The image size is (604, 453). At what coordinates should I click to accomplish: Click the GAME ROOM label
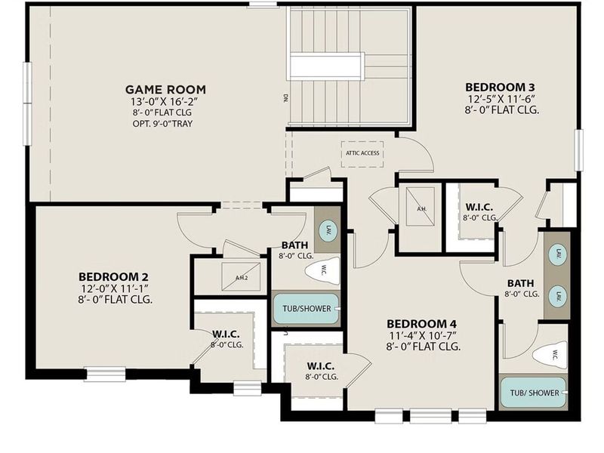tap(165, 89)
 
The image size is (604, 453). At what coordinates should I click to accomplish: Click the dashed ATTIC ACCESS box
tap(362, 153)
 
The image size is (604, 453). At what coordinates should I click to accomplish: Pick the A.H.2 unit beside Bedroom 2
tap(241, 277)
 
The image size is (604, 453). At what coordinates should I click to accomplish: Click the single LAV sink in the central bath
tap(328, 230)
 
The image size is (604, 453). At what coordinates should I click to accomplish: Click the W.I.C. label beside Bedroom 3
tap(480, 207)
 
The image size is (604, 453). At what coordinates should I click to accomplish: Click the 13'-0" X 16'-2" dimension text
tap(165, 100)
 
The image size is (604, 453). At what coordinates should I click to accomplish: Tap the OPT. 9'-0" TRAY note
tap(165, 123)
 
